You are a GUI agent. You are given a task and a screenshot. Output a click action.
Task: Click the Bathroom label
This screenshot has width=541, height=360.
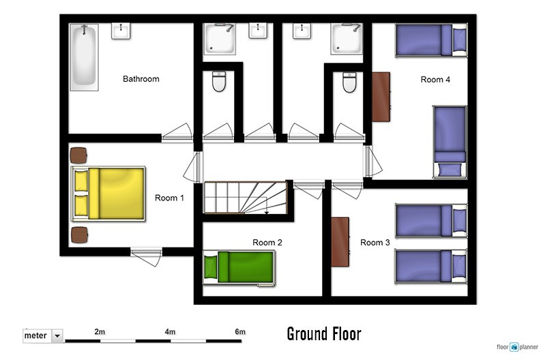coord(141,79)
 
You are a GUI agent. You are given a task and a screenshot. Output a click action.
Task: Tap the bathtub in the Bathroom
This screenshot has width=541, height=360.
coord(84,57)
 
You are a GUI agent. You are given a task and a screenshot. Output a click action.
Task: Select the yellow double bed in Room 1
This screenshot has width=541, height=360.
coord(108,194)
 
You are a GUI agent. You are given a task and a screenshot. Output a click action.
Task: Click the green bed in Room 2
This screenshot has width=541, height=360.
coord(239,268)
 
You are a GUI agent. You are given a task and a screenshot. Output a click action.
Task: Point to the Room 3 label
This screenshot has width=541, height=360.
coord(375,243)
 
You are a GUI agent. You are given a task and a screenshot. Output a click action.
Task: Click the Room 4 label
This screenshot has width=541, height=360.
coord(435,80)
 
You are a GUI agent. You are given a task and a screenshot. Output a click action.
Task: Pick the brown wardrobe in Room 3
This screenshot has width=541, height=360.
coord(340,242)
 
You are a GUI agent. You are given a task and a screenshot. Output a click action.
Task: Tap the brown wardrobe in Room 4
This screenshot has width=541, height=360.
coord(381,97)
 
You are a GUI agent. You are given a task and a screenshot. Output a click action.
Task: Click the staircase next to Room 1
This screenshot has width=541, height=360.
coord(246,198)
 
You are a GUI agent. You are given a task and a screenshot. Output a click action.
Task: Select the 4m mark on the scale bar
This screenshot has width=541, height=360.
coord(170,332)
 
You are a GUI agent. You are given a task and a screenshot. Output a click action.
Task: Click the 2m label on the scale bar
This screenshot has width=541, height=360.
coord(100,332)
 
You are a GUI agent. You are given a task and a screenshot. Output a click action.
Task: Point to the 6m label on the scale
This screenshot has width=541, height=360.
coord(240,332)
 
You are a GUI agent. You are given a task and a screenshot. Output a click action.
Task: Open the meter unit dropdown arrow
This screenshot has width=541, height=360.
coord(57,335)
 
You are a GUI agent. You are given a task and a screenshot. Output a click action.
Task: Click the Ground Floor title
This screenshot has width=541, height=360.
coord(324,334)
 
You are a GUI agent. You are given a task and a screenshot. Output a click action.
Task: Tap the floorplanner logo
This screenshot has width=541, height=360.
coord(517,347)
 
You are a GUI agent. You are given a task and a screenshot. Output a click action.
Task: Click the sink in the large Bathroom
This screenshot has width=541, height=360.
coord(121,31)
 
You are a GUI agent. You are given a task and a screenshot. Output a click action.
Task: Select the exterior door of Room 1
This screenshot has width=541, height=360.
coord(146,257)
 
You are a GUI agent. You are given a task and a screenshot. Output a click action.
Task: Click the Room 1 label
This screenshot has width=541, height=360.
coord(169,198)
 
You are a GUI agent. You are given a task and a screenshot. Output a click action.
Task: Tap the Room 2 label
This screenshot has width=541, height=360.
coord(267,243)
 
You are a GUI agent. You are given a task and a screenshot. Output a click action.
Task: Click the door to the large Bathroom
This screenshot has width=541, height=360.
coord(177,133)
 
